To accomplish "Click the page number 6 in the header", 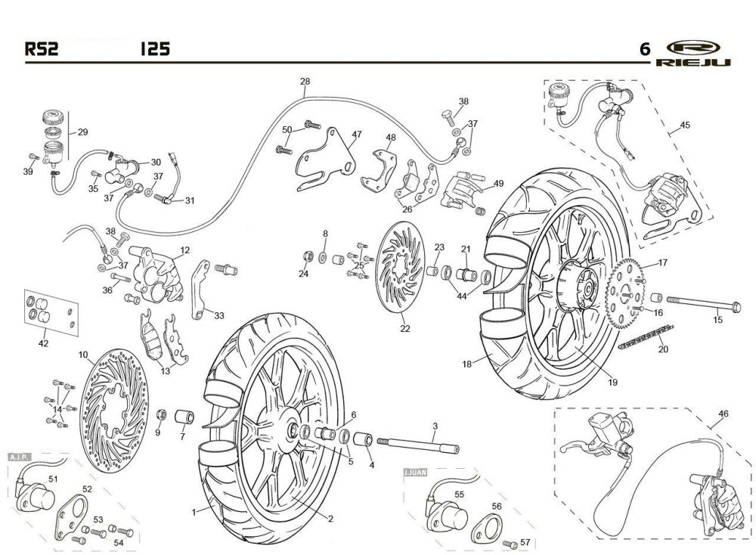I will [x=644, y=50].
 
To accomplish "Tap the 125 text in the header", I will [x=154, y=50].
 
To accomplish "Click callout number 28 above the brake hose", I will [x=305, y=82].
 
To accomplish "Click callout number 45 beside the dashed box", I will [x=685, y=125].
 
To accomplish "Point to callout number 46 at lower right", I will [x=723, y=414].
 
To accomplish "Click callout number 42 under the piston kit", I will [x=43, y=343].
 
